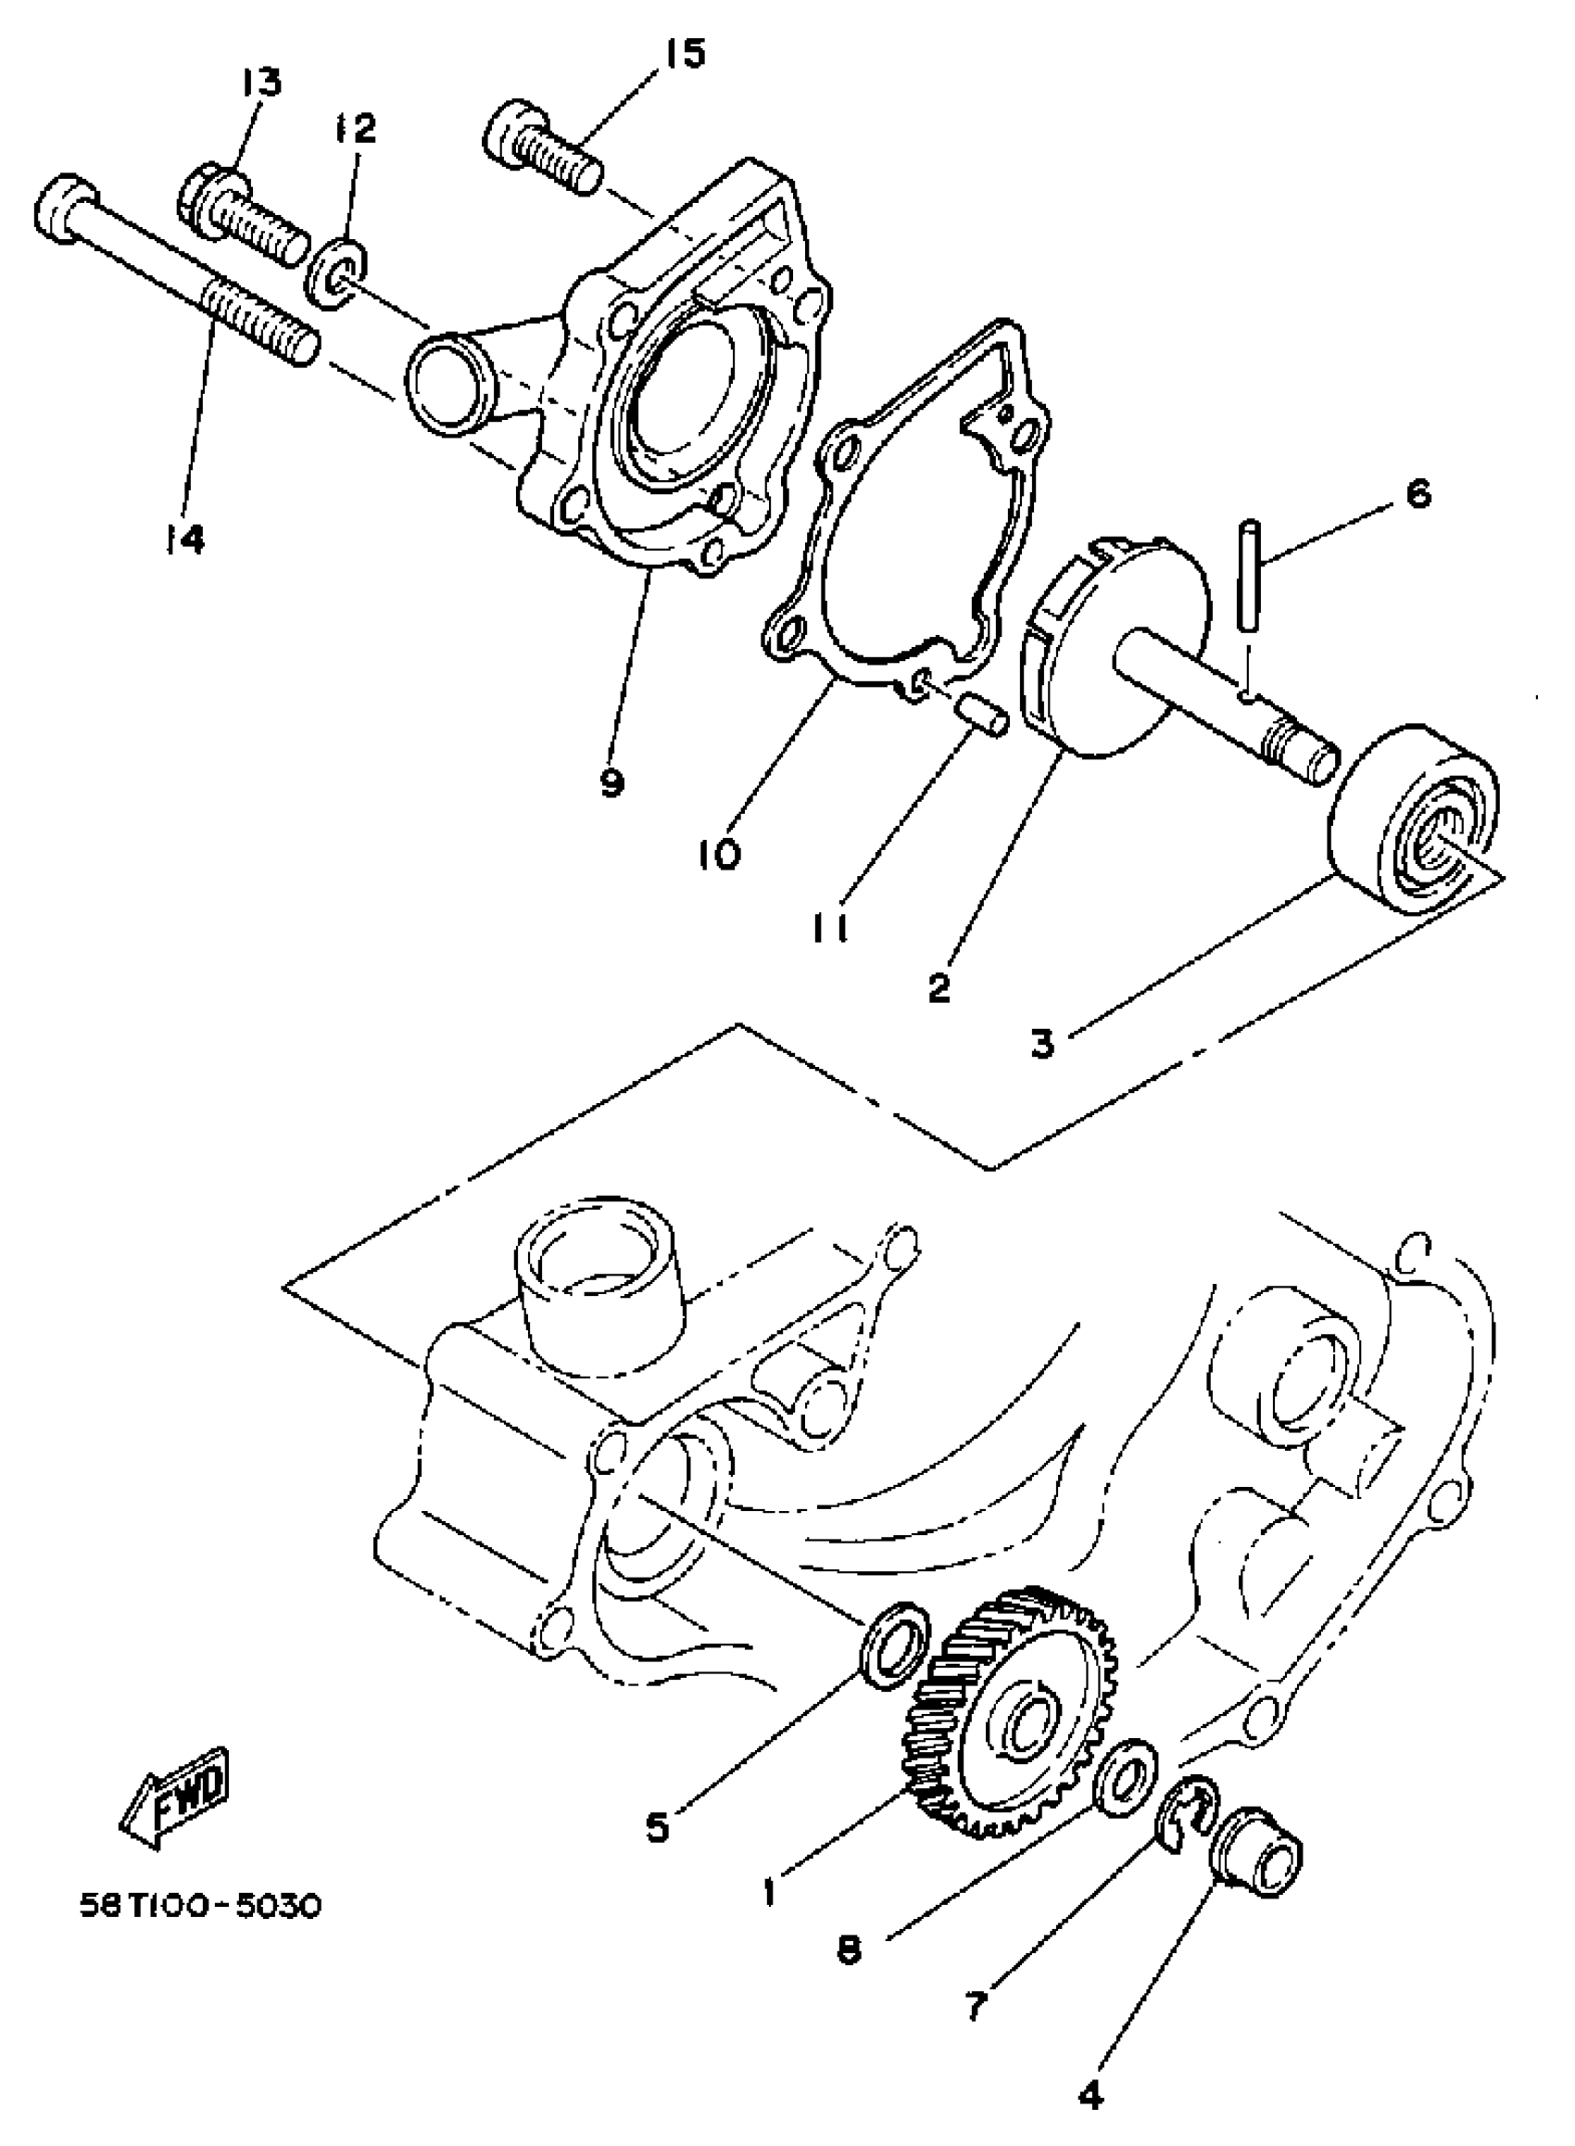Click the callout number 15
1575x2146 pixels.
pos(683,55)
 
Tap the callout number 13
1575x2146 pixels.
pos(260,83)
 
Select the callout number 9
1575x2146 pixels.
pos(611,782)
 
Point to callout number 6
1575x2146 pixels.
pos(1418,494)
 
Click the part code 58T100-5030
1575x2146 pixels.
pos(199,1906)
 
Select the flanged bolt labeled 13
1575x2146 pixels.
pos(238,215)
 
